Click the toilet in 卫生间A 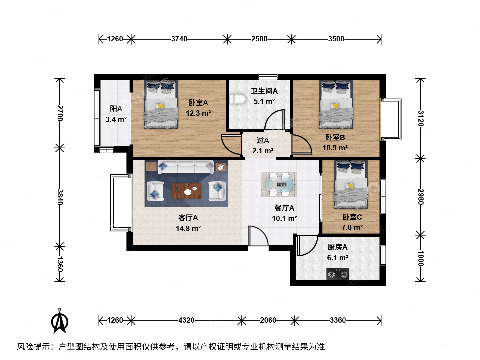[x=237, y=99]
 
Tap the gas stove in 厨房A [x=338, y=274]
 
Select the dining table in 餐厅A [x=279, y=184]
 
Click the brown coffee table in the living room [x=187, y=191]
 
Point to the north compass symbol [x=60, y=321]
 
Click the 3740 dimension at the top [x=179, y=39]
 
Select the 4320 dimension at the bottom [x=186, y=320]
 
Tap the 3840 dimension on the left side [x=60, y=197]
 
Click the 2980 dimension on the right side [x=420, y=197]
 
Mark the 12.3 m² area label [x=198, y=113]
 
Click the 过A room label [x=263, y=140]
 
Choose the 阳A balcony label [x=116, y=109]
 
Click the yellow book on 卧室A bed [x=160, y=106]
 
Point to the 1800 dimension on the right [x=420, y=258]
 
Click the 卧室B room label [x=335, y=137]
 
